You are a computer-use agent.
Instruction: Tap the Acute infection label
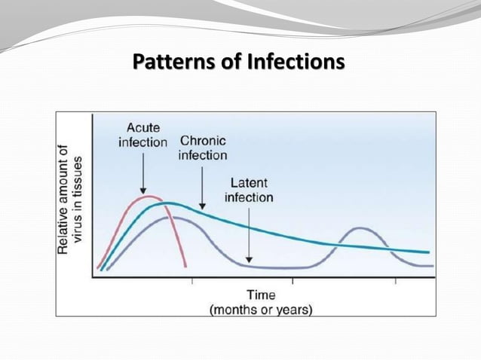click(x=142, y=136)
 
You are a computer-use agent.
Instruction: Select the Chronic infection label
click(x=202, y=148)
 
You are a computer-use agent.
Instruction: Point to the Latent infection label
click(x=248, y=191)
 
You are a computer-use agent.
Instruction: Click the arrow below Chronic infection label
click(x=202, y=186)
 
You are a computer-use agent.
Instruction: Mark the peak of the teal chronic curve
click(x=171, y=203)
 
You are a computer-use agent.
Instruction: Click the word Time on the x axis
click(x=261, y=294)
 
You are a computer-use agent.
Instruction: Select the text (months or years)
click(x=261, y=308)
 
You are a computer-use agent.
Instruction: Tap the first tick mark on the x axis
click(x=191, y=281)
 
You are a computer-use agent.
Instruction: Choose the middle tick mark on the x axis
click(x=293, y=281)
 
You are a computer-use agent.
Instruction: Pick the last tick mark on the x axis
click(x=395, y=281)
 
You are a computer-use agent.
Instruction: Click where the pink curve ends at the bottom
click(x=185, y=266)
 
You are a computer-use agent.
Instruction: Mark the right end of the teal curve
click(x=428, y=252)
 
